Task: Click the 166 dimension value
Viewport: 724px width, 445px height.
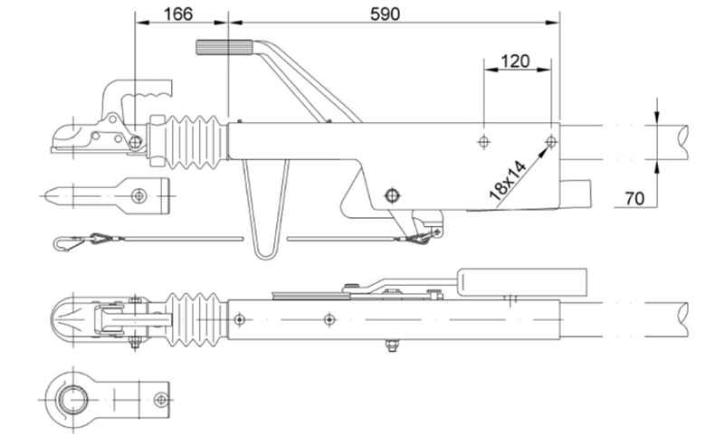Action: coord(177,14)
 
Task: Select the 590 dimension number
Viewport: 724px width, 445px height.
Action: coord(386,14)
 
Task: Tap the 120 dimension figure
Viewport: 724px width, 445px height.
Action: coord(515,61)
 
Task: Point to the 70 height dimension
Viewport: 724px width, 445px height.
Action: coord(634,198)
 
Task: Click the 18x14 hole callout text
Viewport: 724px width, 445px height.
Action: coord(508,181)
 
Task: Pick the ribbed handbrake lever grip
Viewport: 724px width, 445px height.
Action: coord(224,48)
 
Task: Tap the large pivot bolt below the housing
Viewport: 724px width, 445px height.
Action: coord(392,195)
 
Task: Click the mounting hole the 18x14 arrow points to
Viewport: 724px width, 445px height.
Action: coord(551,142)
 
